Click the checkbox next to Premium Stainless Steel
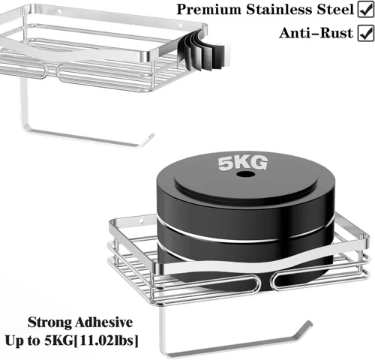(x=365, y=10)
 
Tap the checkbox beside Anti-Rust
(x=365, y=33)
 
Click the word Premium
(x=209, y=10)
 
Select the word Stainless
(x=280, y=10)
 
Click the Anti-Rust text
(x=316, y=33)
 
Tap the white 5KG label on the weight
(x=243, y=163)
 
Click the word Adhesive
(x=103, y=322)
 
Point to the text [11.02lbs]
(x=106, y=340)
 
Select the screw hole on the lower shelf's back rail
(x=141, y=221)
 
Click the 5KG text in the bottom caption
(x=59, y=340)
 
